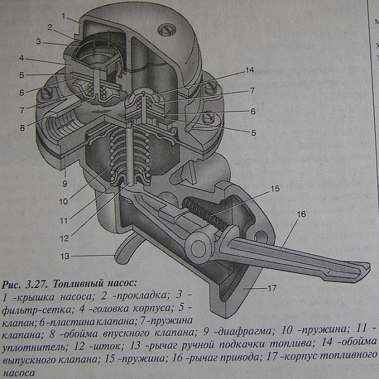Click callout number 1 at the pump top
click(63, 16)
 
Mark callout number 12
click(64, 237)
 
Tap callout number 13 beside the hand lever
click(64, 256)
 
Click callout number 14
click(249, 70)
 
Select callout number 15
click(275, 187)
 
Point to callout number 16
click(301, 215)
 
